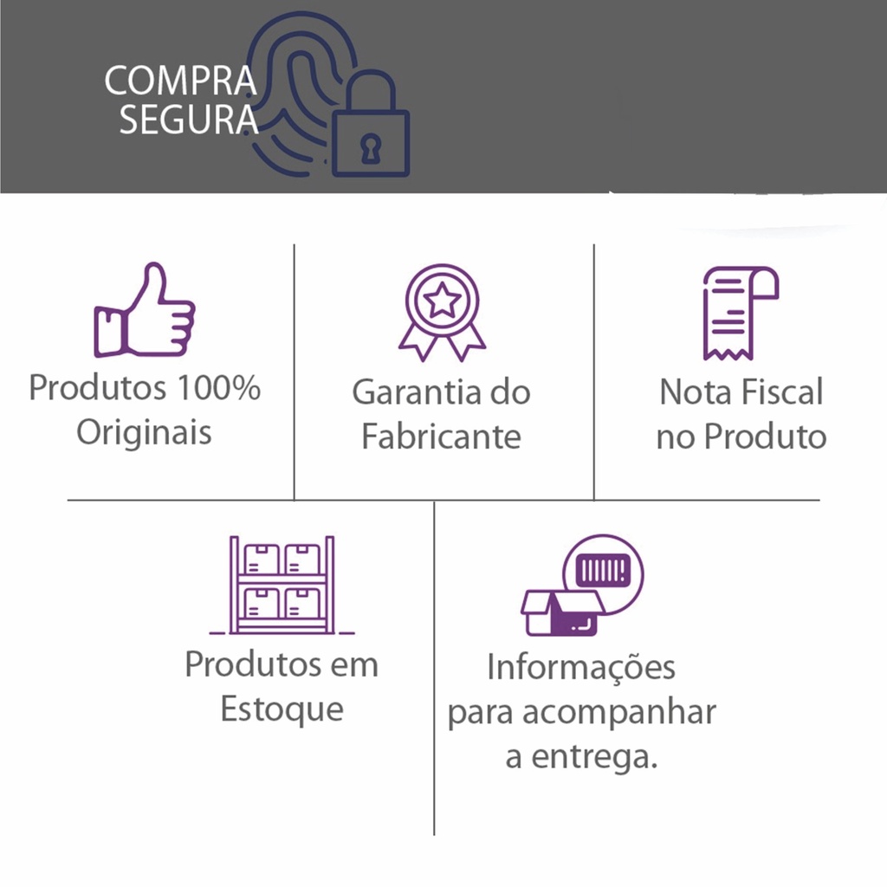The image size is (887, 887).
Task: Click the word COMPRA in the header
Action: (x=180, y=81)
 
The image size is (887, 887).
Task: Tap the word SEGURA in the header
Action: (x=189, y=120)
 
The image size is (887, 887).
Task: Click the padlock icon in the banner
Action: (x=371, y=125)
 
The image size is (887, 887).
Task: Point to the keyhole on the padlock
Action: (x=371, y=149)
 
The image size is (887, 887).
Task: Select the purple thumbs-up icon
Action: (x=145, y=310)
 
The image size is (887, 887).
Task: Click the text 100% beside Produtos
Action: (x=218, y=388)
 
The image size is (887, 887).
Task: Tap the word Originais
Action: (x=145, y=433)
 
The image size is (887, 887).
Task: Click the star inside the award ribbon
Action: (x=442, y=301)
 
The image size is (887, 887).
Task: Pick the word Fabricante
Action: (x=441, y=437)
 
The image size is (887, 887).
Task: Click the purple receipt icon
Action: (x=741, y=313)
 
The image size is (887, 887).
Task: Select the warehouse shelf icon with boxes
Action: (x=282, y=585)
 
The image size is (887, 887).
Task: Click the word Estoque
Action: (x=282, y=709)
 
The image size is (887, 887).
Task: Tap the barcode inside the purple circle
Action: (x=603, y=571)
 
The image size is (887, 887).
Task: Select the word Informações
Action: (x=581, y=668)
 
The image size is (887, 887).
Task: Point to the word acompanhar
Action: (x=618, y=712)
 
